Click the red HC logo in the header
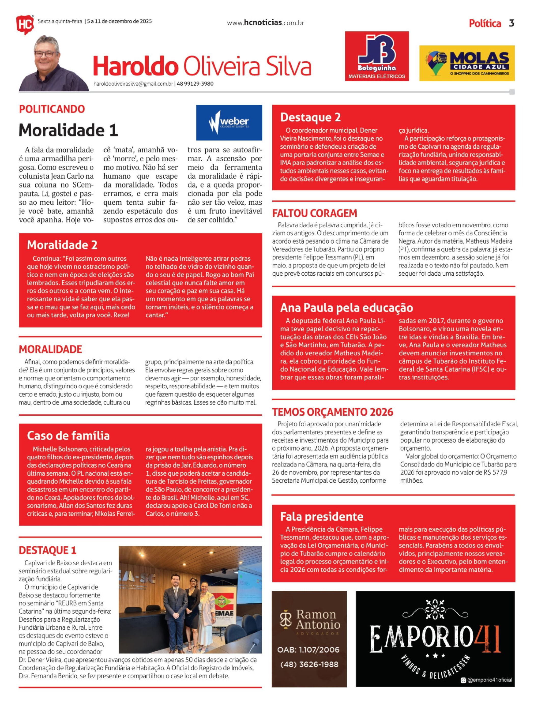[x=25, y=24]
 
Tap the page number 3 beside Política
[x=511, y=23]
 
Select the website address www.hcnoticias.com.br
[x=265, y=23]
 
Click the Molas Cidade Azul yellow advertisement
[x=467, y=63]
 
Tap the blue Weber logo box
[x=229, y=123]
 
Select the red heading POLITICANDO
[x=52, y=109]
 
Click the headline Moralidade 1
[x=68, y=130]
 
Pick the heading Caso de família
[x=68, y=435]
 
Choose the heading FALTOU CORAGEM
[x=314, y=213]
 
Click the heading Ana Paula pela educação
[x=346, y=307]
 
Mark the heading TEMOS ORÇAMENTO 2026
[x=332, y=412]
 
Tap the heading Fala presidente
[x=321, y=516]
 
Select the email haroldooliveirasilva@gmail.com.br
[x=133, y=84]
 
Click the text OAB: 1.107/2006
[x=308, y=649]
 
